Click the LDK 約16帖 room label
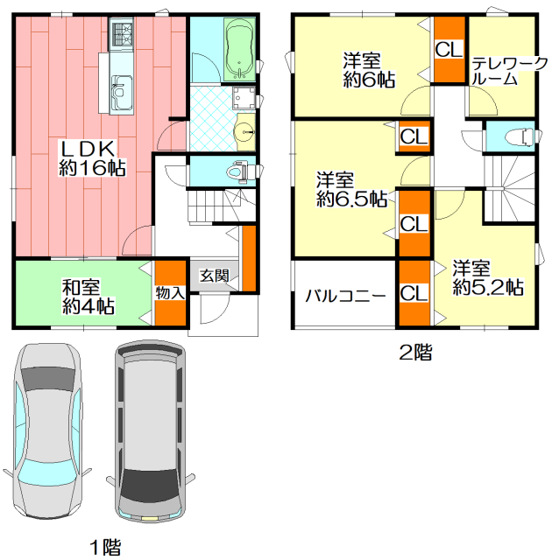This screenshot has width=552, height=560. click(91, 158)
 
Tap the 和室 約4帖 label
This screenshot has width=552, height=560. click(88, 296)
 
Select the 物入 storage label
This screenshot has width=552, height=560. click(170, 293)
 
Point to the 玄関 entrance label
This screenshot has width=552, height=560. click(214, 276)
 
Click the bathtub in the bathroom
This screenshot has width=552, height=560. click(240, 49)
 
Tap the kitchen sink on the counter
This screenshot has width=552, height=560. click(122, 92)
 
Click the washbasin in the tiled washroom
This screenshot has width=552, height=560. click(245, 132)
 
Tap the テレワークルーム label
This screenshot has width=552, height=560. click(509, 72)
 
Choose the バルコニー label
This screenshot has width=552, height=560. click(345, 296)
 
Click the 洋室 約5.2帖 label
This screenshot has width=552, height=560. click(488, 277)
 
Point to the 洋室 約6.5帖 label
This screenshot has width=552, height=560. click(352, 189)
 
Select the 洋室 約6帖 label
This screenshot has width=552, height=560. click(369, 70)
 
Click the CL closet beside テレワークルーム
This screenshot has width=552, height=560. click(449, 49)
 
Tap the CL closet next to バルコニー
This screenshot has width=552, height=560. click(414, 293)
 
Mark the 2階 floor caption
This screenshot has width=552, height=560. click(415, 352)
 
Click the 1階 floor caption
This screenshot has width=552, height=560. click(105, 547)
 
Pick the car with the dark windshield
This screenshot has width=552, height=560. click(150, 431)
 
